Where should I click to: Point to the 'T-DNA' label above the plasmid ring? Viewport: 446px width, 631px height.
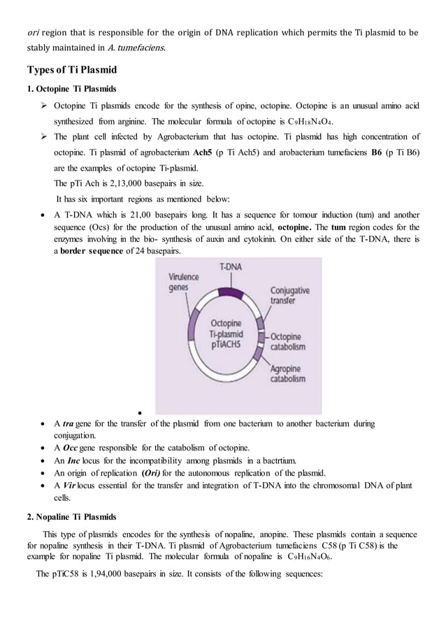(x=231, y=268)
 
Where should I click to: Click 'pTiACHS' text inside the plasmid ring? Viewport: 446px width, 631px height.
(x=231, y=345)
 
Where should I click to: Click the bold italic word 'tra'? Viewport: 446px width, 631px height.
(x=69, y=424)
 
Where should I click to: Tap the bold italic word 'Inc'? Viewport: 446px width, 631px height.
(x=73, y=460)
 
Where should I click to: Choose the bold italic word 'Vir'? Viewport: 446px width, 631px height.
(x=71, y=485)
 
